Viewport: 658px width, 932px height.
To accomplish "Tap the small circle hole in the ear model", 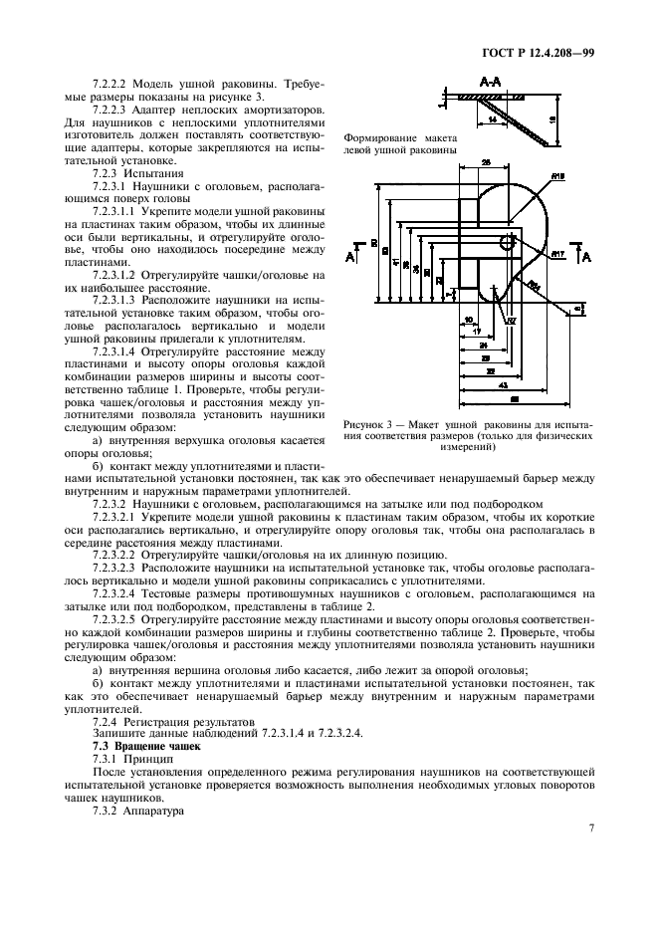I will point(507,241).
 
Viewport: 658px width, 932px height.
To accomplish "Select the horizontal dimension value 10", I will point(468,320).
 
